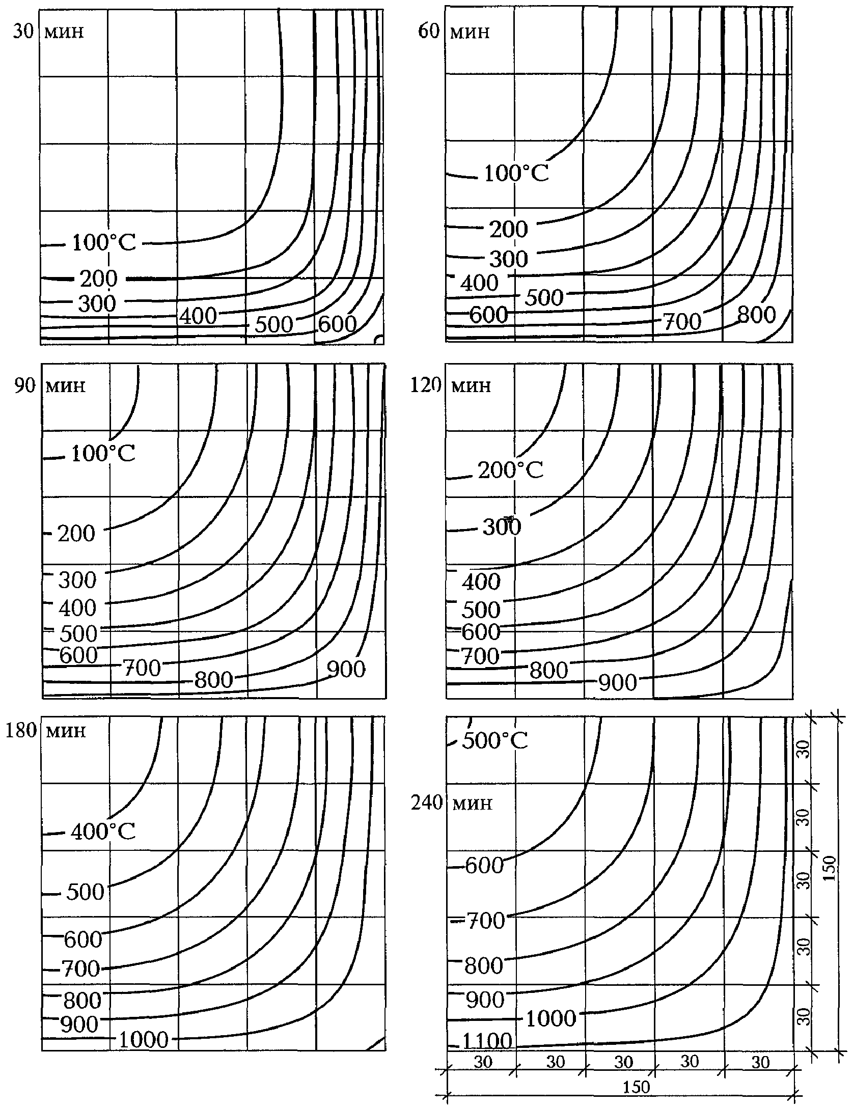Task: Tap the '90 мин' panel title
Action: (49, 385)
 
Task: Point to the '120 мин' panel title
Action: (451, 385)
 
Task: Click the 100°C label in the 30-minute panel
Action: (104, 243)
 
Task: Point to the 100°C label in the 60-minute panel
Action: (516, 174)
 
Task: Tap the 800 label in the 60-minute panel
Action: (756, 315)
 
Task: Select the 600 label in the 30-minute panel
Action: (337, 324)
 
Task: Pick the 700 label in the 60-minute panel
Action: (682, 321)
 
